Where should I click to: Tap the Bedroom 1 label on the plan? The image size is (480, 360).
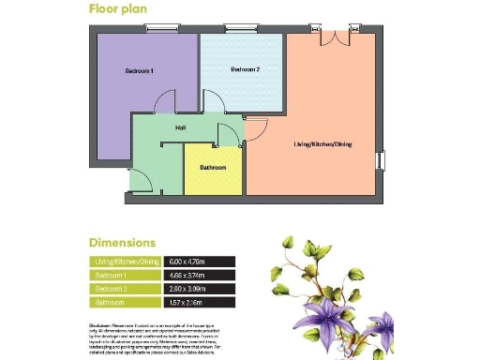pyautogui.click(x=139, y=71)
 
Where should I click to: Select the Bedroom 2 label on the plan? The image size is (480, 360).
pyautogui.click(x=246, y=69)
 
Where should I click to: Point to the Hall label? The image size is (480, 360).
pyautogui.click(x=180, y=128)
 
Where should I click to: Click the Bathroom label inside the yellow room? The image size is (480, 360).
pyautogui.click(x=213, y=167)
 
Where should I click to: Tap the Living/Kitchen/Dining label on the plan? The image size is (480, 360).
pyautogui.click(x=322, y=143)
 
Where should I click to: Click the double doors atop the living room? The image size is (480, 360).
pyautogui.click(x=334, y=37)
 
